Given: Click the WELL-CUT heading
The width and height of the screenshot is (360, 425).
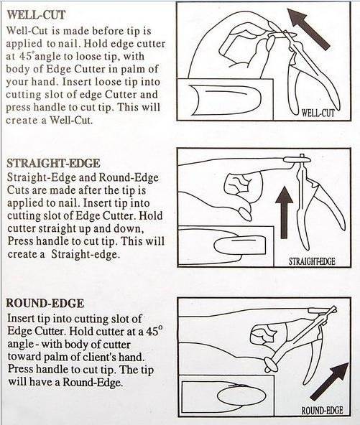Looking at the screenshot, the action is tap(36, 14).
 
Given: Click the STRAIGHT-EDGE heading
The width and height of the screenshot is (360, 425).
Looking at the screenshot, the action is tap(53, 163).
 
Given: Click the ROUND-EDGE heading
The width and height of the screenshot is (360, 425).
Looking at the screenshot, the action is tap(45, 303).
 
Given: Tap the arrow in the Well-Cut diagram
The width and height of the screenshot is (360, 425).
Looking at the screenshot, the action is tap(309, 29).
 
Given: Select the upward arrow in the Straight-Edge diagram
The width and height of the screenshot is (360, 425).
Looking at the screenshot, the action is tap(284, 212).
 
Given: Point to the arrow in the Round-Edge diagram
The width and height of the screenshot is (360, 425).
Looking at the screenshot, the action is tap(329, 382).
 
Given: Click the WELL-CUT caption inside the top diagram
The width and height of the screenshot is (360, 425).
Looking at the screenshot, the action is tap(318, 113).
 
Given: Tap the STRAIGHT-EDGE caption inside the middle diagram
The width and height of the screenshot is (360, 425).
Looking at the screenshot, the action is tap(312, 261).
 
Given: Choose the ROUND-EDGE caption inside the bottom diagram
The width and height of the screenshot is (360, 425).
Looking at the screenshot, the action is tap(322, 411).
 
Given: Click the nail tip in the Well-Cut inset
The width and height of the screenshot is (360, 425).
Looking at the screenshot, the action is tap(225, 98).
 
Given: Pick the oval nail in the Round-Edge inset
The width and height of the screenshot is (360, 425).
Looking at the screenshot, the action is tap(241, 396).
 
